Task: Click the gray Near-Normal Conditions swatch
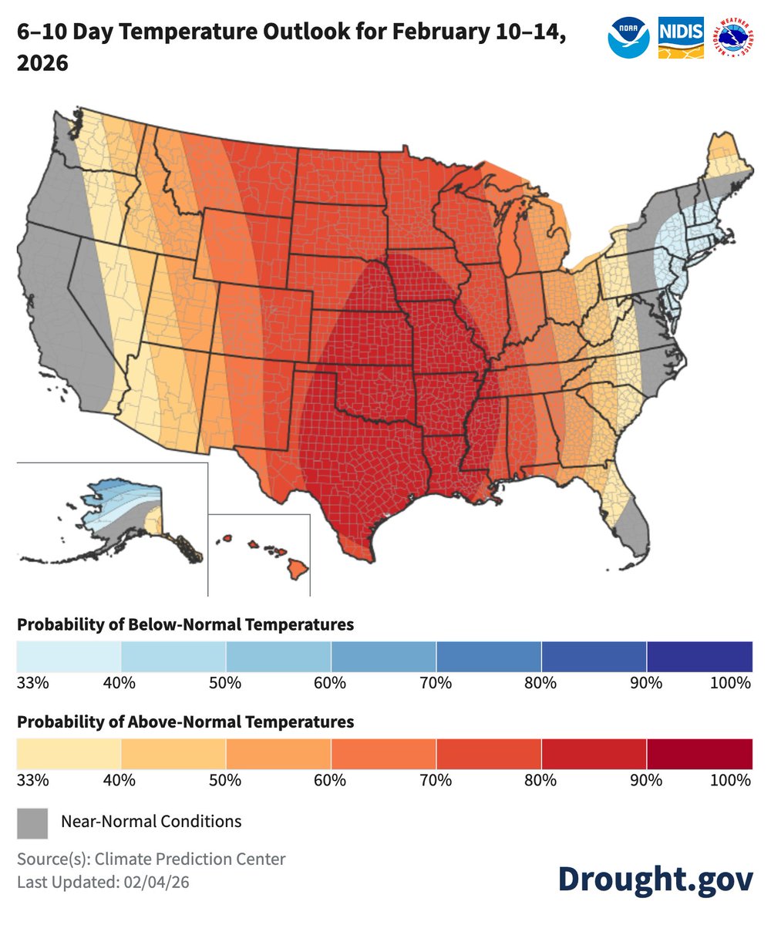32,822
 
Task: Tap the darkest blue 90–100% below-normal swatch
699,656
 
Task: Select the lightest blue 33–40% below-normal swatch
69,656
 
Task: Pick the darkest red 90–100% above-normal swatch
699,753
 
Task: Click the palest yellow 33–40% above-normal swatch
69,753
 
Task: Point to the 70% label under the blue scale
436,683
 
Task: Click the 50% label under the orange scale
225,780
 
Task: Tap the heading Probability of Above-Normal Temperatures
185,722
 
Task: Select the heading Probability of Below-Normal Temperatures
185,624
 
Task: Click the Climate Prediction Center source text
193,859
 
